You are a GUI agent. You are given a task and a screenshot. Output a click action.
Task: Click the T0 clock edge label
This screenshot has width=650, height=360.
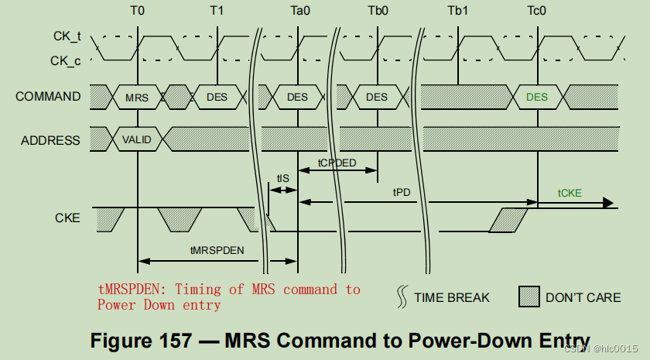point(137,11)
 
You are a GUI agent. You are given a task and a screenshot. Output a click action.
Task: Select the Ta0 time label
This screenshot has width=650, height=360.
point(298,11)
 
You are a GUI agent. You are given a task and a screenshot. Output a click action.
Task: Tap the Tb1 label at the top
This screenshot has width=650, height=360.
point(457,11)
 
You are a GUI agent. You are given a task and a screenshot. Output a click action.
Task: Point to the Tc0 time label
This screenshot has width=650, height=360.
point(537,11)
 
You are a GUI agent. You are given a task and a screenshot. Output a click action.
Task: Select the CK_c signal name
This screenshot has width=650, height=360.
point(66,60)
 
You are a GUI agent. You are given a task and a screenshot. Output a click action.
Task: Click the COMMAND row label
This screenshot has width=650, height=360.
point(48,97)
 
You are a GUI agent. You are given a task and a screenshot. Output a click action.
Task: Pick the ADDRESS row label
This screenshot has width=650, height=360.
point(51,140)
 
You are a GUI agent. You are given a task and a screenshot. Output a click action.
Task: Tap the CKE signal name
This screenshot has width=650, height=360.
point(67,218)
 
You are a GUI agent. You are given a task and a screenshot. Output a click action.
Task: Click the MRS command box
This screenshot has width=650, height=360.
point(137,98)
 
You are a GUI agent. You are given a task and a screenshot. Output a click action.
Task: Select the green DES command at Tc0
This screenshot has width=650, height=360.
point(536,98)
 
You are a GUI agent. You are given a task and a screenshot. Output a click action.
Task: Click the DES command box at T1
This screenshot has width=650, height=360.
point(217,98)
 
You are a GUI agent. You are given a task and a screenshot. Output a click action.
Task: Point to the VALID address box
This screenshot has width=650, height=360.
point(137,140)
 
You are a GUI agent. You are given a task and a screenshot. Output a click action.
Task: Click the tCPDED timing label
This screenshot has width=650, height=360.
point(337,163)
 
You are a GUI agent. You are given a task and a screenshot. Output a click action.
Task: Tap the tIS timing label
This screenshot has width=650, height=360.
point(283,179)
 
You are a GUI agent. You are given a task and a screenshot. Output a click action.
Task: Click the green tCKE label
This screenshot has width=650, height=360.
point(571,193)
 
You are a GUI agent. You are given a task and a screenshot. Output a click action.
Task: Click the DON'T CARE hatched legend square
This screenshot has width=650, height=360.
point(528,297)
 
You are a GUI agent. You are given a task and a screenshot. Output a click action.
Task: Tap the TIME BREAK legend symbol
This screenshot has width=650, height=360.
point(402,297)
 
